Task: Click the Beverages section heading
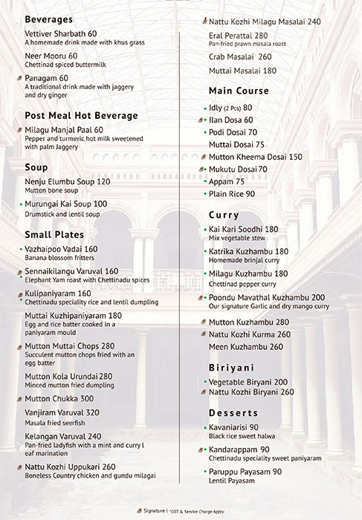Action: tap(53, 19)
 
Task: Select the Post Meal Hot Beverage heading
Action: tap(82, 115)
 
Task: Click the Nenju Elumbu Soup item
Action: tap(67, 181)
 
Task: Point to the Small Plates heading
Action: tap(55, 235)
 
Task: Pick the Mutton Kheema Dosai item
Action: tap(256, 157)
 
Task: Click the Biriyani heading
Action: tap(232, 367)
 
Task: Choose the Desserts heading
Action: tap(233, 412)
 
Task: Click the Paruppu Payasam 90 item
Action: tap(246, 471)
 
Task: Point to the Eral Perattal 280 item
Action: tap(240, 35)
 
